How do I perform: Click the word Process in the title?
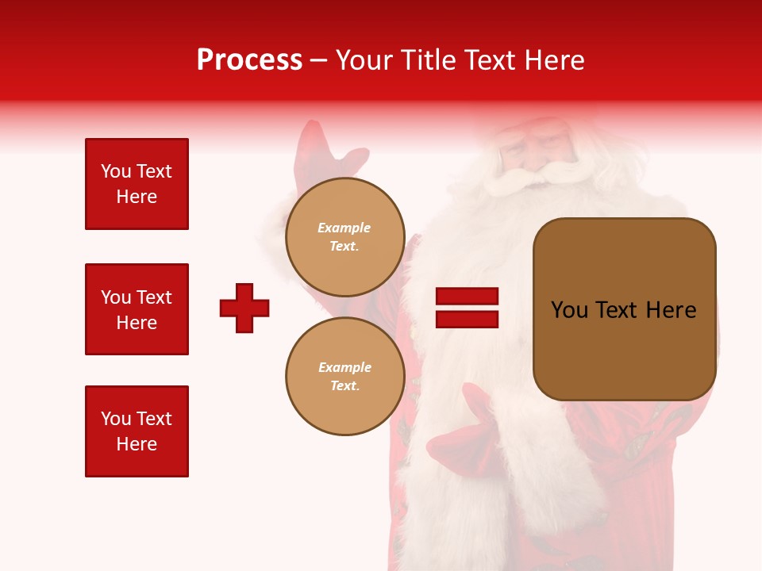click(249, 60)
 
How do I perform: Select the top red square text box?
click(137, 184)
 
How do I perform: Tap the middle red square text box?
click(137, 309)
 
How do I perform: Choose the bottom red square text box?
click(137, 431)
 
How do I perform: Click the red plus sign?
click(244, 308)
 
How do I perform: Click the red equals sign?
click(467, 308)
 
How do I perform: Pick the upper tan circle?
click(345, 237)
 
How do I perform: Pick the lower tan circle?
click(345, 376)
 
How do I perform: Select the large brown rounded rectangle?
click(624, 309)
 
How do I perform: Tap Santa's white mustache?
click(532, 174)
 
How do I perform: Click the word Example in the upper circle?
click(344, 228)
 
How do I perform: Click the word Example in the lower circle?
click(344, 367)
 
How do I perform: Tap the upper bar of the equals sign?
click(467, 297)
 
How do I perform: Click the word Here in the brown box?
click(671, 310)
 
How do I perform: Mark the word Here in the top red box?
click(137, 197)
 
